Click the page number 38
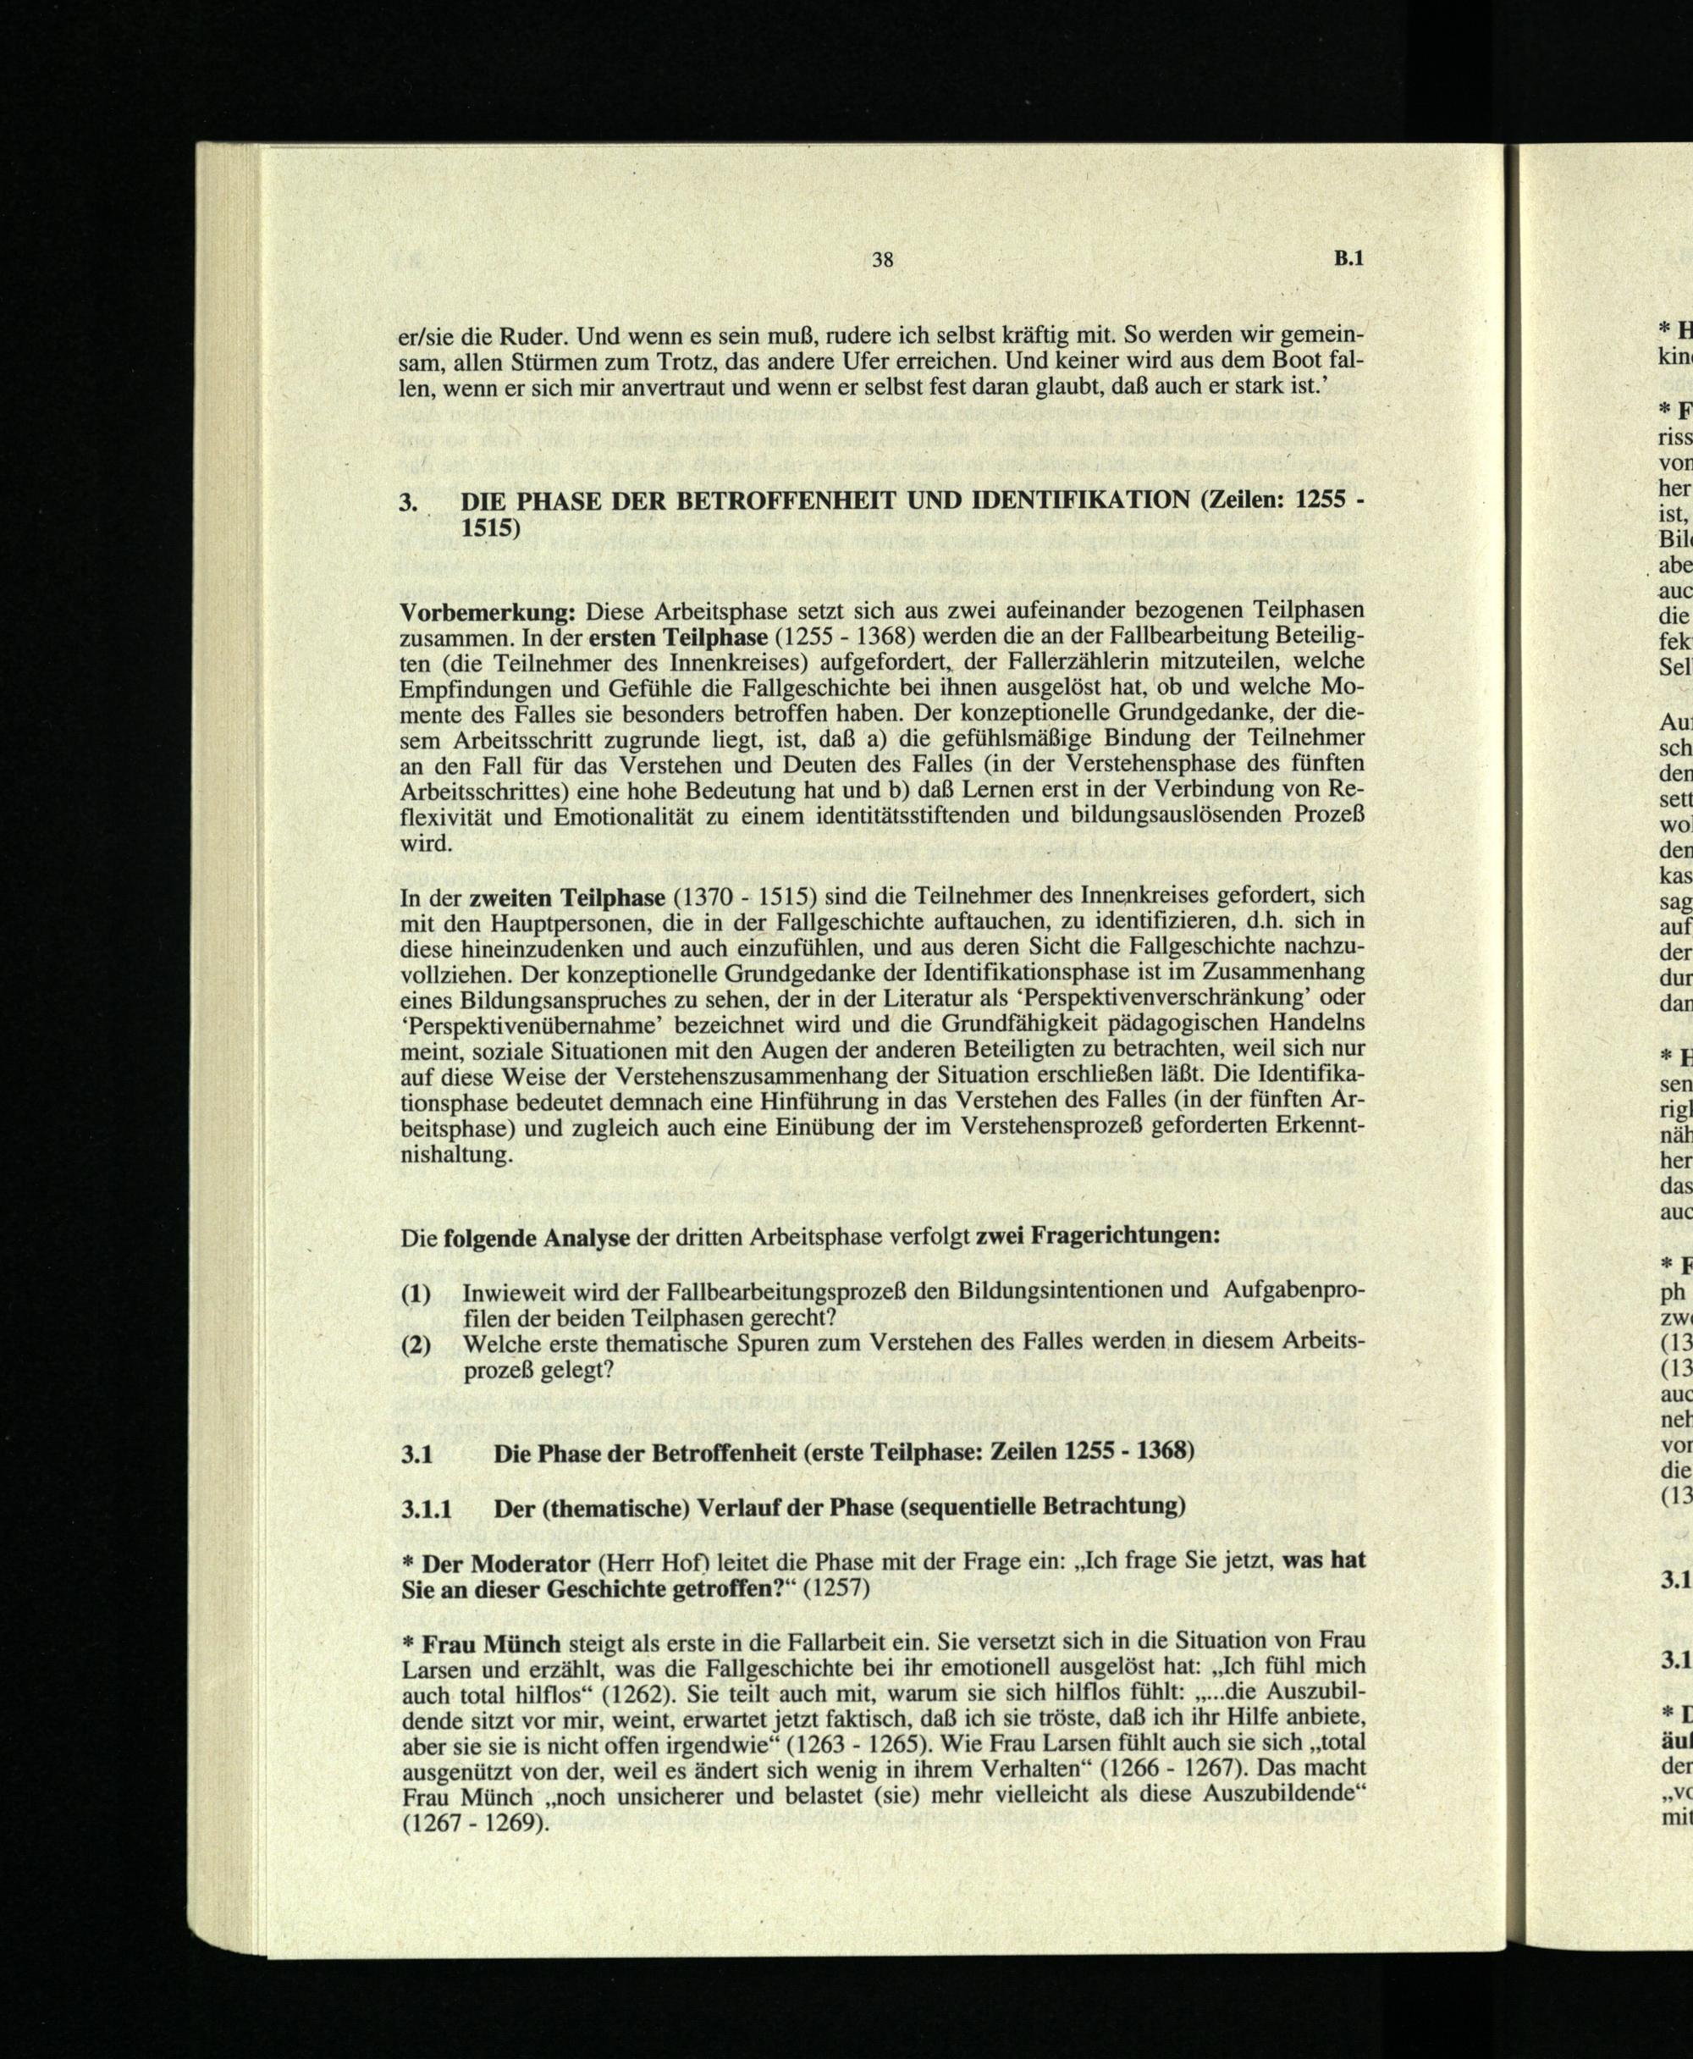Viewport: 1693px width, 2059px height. click(883, 259)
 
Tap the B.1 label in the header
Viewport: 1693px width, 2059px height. click(1348, 258)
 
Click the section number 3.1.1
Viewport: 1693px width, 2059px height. click(428, 1507)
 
